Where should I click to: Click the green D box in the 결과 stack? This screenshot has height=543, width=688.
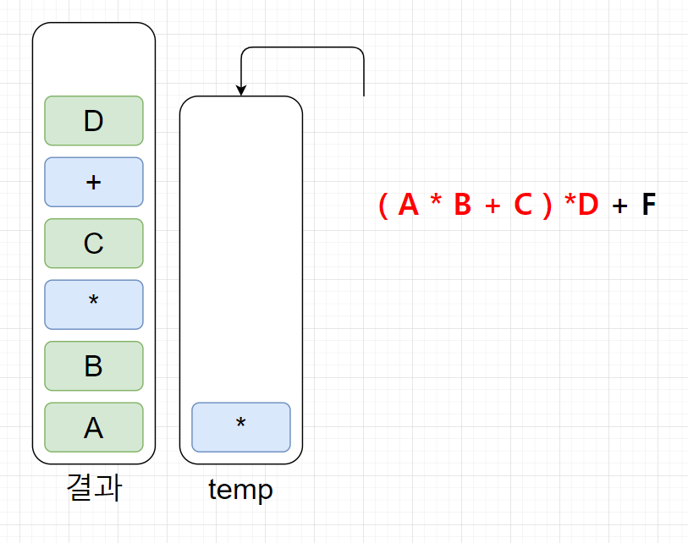click(x=93, y=121)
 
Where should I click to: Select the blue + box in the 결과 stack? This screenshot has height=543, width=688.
click(x=93, y=182)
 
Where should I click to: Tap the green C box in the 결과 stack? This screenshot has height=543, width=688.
click(x=93, y=244)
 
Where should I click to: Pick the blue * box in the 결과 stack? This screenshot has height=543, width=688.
click(x=93, y=304)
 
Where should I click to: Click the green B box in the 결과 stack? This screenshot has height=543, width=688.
click(x=93, y=366)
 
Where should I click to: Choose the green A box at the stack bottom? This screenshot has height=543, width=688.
click(x=93, y=427)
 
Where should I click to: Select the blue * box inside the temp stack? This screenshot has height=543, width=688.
click(x=241, y=427)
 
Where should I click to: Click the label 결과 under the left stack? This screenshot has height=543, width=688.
click(x=93, y=488)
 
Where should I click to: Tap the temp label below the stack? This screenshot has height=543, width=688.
click(x=240, y=489)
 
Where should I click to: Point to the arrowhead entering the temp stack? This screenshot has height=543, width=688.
click(x=241, y=90)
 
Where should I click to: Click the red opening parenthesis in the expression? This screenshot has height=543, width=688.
click(x=383, y=205)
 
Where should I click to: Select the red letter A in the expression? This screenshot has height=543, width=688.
click(x=408, y=205)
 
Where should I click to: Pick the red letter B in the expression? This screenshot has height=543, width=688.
click(x=462, y=205)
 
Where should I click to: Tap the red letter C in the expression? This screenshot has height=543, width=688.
click(x=522, y=205)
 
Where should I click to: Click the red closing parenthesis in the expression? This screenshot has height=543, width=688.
click(x=547, y=205)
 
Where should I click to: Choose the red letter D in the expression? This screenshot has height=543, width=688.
click(x=588, y=205)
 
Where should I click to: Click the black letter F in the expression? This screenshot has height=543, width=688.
click(x=648, y=205)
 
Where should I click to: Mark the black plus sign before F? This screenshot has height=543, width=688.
click(x=620, y=206)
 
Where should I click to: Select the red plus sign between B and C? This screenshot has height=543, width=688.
click(x=493, y=206)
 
